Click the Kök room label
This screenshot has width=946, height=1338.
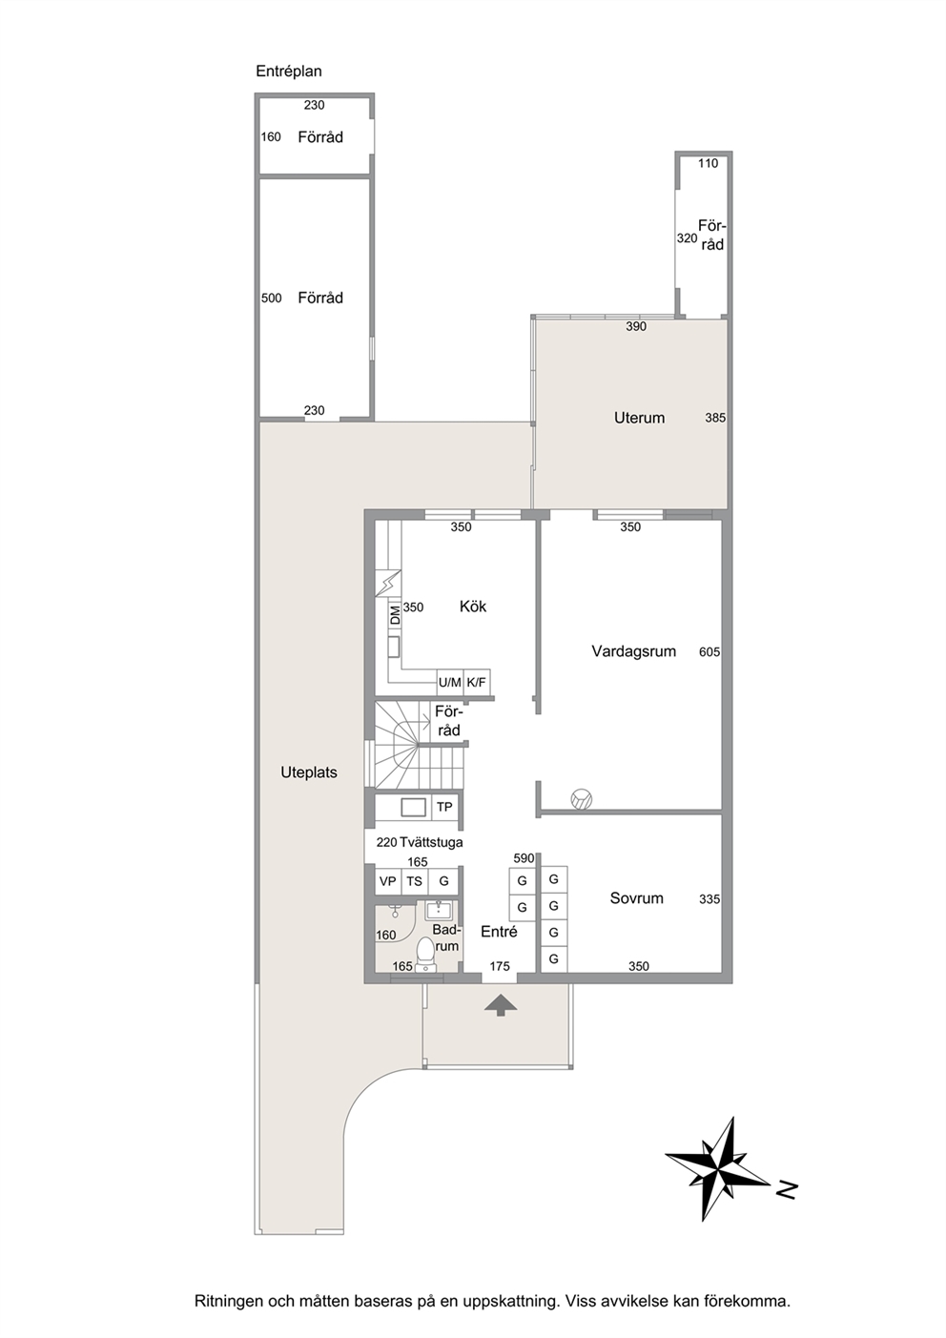[x=473, y=607]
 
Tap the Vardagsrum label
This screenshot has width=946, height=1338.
[x=633, y=651]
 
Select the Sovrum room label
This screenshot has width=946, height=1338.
[x=637, y=897]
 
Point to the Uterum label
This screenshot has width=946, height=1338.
[x=639, y=418]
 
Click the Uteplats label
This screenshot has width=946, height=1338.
[x=309, y=772]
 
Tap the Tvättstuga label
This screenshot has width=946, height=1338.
[x=432, y=842]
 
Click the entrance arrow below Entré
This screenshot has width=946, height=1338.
[x=501, y=1005]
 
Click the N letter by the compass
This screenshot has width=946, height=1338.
[x=787, y=1189]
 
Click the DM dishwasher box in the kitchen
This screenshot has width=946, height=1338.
[x=395, y=615]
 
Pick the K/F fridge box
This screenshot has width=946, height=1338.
[x=477, y=682]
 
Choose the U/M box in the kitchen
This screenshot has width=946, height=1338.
[x=450, y=682]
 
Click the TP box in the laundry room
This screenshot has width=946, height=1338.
[x=444, y=807]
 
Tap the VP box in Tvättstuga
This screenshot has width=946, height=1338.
[x=387, y=881]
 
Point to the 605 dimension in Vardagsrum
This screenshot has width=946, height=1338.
[x=709, y=652]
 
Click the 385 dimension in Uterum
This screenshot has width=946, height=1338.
[x=715, y=418]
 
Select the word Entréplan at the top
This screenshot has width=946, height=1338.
[x=289, y=72]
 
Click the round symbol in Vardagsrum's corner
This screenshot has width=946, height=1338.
[x=581, y=799]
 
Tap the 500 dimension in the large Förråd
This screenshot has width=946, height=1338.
[x=271, y=298]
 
